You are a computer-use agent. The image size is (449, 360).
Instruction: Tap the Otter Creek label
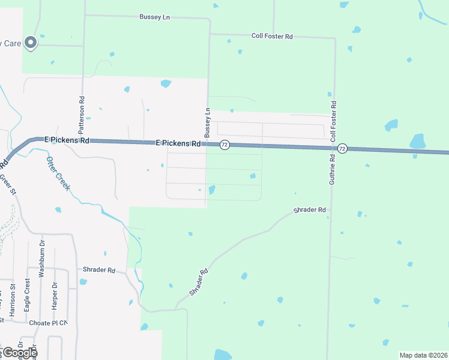58,173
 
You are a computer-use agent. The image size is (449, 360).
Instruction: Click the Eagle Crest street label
27,293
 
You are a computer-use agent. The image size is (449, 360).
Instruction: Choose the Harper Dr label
54,295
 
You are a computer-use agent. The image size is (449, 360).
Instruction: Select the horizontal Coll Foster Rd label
272,37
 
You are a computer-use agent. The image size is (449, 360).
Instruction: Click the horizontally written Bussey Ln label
154,17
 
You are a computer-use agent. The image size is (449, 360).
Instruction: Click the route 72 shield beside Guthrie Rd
342,148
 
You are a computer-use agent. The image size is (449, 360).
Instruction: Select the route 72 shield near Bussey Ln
224,145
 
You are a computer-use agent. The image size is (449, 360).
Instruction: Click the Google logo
19,353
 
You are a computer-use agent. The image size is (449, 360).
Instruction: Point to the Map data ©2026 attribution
423,355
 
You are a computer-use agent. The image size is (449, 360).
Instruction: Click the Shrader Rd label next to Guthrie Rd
309,211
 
